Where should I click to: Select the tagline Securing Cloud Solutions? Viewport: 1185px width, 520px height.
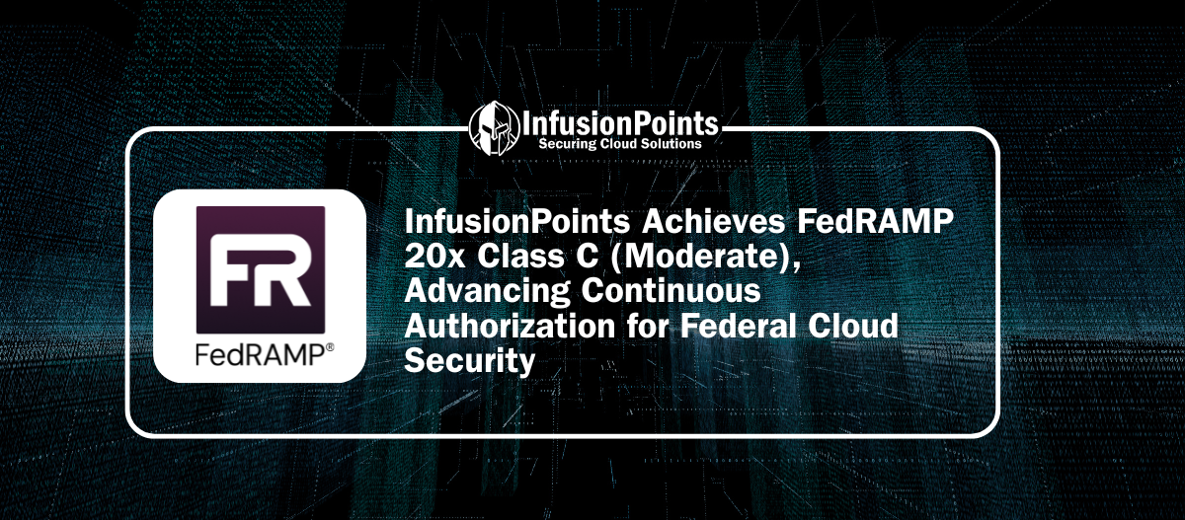(x=619, y=144)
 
